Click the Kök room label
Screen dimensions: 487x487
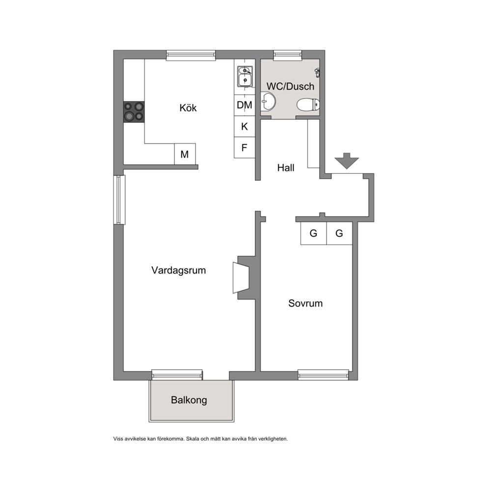[x=188, y=108]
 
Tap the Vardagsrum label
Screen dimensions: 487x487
[x=179, y=270]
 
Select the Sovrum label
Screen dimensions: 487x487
[x=305, y=303]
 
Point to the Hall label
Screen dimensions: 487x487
[x=286, y=168]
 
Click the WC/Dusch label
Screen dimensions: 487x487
[x=291, y=86]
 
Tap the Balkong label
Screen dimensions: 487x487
[x=189, y=400]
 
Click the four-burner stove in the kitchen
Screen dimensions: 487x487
[x=134, y=112]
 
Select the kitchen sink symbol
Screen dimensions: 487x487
[x=245, y=77]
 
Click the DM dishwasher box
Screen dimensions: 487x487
[x=244, y=105]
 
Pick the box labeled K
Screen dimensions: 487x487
[x=244, y=126]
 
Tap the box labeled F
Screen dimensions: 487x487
[x=244, y=148]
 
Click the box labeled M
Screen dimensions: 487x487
[x=185, y=154]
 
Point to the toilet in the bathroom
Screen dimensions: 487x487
[x=308, y=105]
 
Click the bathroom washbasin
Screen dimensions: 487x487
[x=268, y=101]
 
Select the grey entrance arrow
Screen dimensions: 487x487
[x=347, y=161]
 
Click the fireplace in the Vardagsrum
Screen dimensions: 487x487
[x=242, y=278]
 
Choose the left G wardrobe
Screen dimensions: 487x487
[x=314, y=233]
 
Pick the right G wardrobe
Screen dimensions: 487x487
[x=339, y=233]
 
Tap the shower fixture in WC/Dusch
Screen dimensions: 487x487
[x=318, y=73]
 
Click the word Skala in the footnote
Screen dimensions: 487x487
[x=192, y=439]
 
